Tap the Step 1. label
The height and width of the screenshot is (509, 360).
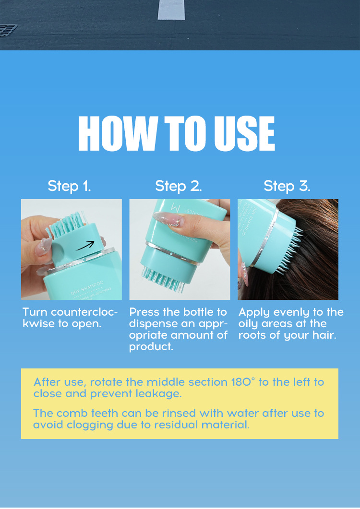click(x=69, y=186)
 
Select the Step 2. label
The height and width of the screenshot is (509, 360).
click(x=179, y=186)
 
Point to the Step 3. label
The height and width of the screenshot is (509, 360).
click(x=287, y=186)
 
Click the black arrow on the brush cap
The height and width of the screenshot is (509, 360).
click(x=85, y=246)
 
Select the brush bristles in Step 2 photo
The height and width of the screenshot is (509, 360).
click(x=163, y=279)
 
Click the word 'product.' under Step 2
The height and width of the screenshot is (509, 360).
click(x=151, y=347)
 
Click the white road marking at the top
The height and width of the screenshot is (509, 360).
click(x=171, y=10)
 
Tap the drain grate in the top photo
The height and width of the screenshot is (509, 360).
click(x=8, y=31)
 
